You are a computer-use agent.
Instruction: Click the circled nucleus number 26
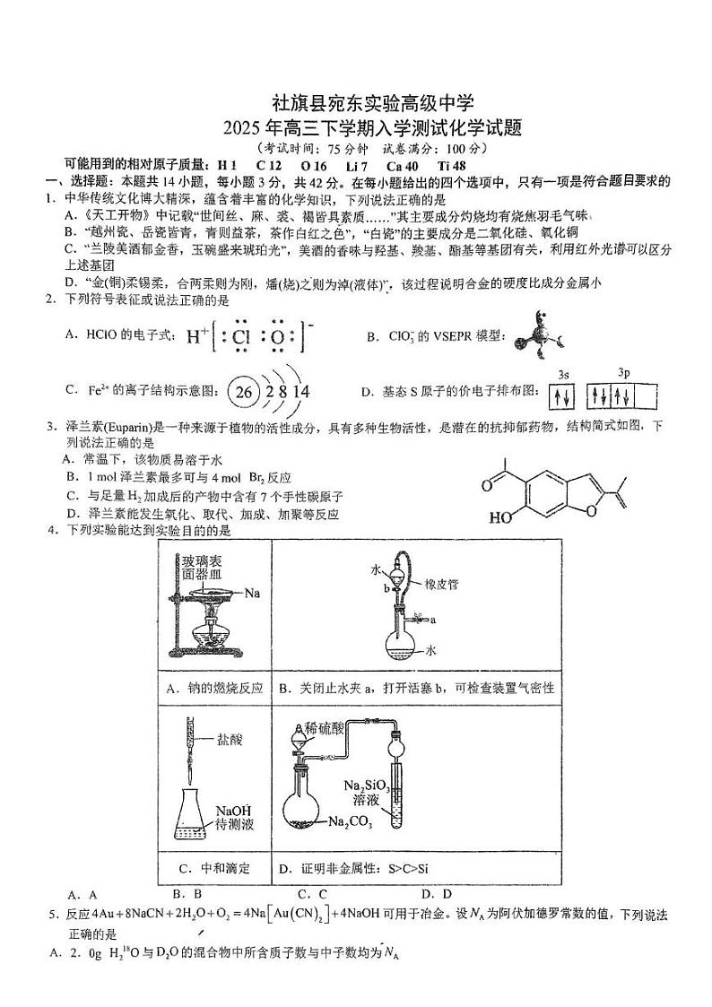pos(242,391)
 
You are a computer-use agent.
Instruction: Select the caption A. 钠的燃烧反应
pos(214,688)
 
